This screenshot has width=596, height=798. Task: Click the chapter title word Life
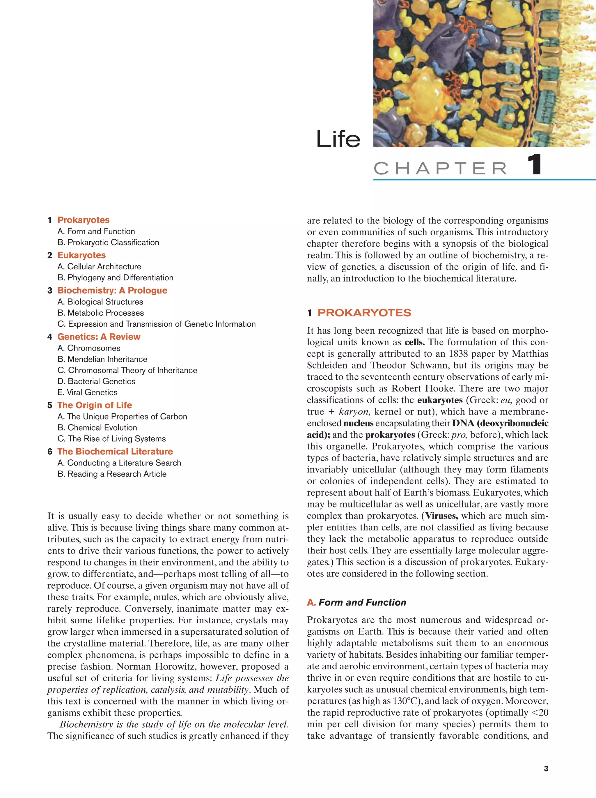tap(338, 139)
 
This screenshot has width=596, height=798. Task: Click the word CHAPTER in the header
tap(440, 169)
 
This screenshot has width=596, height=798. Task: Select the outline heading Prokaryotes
tap(83, 220)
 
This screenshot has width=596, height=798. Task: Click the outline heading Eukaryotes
tap(81, 255)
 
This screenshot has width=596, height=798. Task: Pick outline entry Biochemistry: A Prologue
tap(112, 291)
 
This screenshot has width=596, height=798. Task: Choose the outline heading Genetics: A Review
tap(99, 337)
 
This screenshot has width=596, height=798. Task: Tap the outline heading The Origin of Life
tap(95, 405)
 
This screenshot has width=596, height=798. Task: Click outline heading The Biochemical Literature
tap(115, 451)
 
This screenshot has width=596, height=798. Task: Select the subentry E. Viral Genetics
tap(87, 392)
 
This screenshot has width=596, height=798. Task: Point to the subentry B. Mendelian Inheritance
tap(102, 359)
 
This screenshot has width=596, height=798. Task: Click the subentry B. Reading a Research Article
tap(112, 474)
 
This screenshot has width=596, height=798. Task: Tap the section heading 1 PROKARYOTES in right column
tap(359, 313)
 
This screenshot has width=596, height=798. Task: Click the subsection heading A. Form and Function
tap(356, 602)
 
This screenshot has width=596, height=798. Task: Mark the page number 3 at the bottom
tap(546, 768)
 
